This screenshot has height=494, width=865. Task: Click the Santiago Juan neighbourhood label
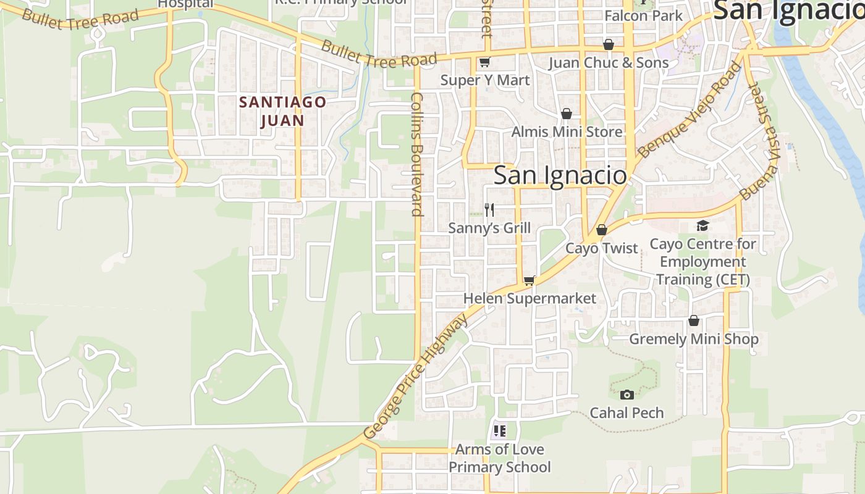click(x=282, y=111)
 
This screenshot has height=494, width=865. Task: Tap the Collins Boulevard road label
click(x=418, y=154)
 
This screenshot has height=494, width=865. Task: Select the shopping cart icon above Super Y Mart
click(x=485, y=62)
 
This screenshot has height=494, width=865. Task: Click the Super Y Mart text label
click(x=485, y=80)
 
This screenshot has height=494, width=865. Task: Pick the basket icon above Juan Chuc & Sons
click(x=609, y=44)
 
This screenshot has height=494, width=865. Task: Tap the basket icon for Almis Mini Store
click(x=567, y=114)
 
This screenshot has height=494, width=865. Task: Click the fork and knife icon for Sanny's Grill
click(x=489, y=210)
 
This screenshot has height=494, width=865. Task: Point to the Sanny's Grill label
click(x=489, y=228)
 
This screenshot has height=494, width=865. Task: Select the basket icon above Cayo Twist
click(x=602, y=230)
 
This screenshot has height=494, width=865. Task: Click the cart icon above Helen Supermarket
click(x=529, y=281)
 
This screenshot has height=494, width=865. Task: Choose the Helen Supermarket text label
click(x=530, y=299)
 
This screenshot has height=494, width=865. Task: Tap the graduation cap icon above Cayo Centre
click(x=703, y=226)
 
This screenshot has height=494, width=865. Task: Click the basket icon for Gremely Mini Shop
click(x=694, y=321)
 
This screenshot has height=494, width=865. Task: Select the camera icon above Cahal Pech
click(x=627, y=395)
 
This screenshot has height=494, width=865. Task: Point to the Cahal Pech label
click(x=627, y=412)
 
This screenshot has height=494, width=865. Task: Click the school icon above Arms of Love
click(x=499, y=431)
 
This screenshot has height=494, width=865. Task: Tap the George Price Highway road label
click(x=416, y=377)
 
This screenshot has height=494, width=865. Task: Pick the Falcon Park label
click(x=644, y=16)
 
